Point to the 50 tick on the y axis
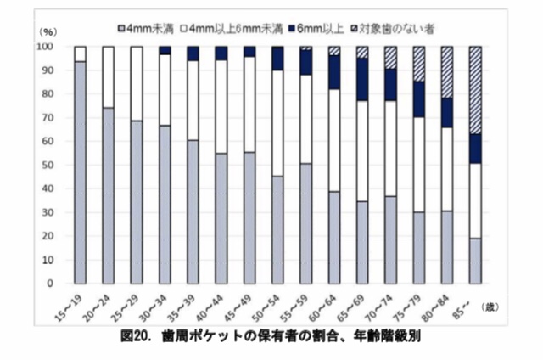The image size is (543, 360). [x=52, y=165]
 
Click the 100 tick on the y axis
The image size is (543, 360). [x=49, y=46]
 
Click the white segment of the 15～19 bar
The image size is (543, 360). [x=81, y=53]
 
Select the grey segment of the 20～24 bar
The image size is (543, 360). [x=109, y=195]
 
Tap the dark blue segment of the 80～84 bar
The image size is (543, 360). [x=447, y=113]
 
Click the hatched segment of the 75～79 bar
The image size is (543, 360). [x=418, y=64]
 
